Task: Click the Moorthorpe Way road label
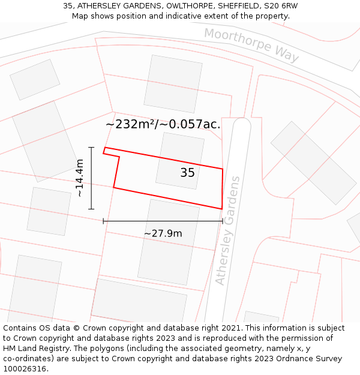pyautogui.click(x=251, y=44)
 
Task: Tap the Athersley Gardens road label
pyautogui.click(x=228, y=230)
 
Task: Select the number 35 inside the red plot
pyautogui.click(x=187, y=173)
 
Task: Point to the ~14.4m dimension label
pyautogui.click(x=79, y=178)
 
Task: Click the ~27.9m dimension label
pyautogui.click(x=163, y=233)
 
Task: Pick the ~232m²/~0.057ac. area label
pyautogui.click(x=163, y=124)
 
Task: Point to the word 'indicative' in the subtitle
pyautogui.click(x=194, y=16)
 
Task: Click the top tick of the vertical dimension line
pyautogui.click(x=91, y=147)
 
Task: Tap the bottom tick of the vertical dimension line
pyautogui.click(x=91, y=209)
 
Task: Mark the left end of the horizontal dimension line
pyautogui.click(x=104, y=221)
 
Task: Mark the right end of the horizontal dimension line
pyautogui.click(x=223, y=221)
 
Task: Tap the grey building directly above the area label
pyautogui.click(x=173, y=83)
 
